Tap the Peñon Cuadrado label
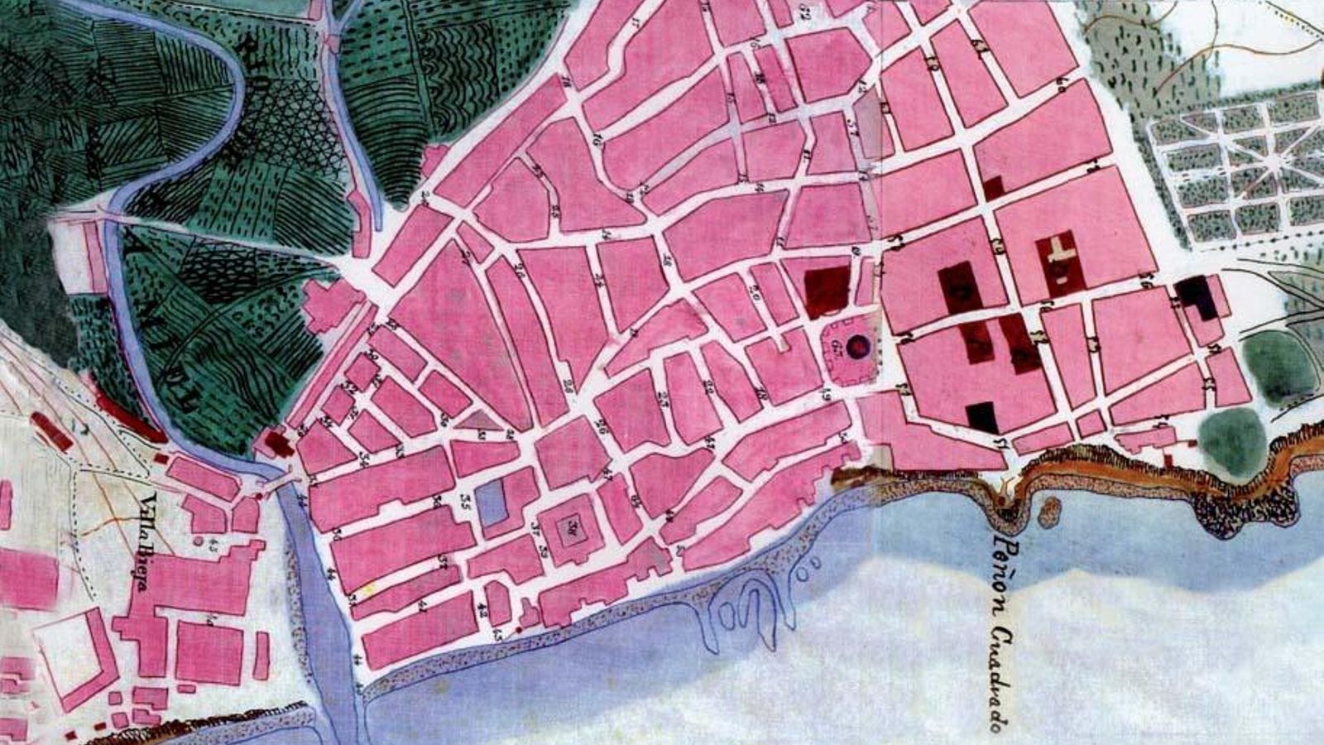pyautogui.click(x=1003, y=633)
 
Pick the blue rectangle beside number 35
pyautogui.click(x=493, y=503)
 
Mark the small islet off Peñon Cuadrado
pyautogui.click(x=1049, y=511)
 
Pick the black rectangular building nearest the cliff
pyautogui.click(x=982, y=416)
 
